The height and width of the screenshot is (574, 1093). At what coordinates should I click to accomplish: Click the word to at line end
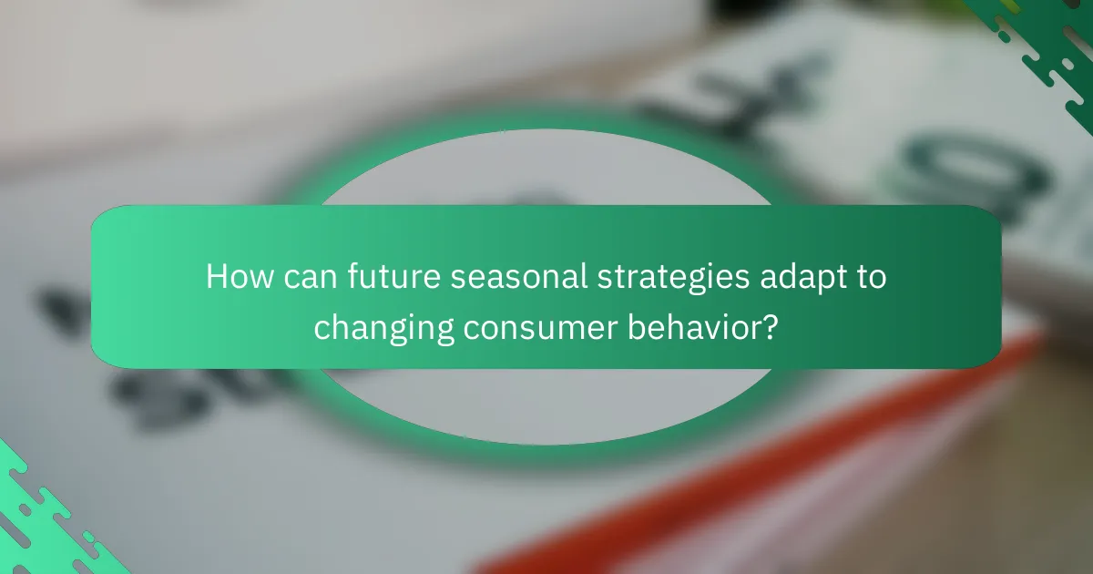867,278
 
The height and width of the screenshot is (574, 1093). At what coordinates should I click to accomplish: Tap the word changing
383,327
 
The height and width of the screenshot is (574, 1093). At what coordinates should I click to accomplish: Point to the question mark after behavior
771,327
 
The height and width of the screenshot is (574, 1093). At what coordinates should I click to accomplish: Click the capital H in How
216,278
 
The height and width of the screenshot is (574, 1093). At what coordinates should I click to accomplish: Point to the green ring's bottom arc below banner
546,437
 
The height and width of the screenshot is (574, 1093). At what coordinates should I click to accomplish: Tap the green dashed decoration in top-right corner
1038,46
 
